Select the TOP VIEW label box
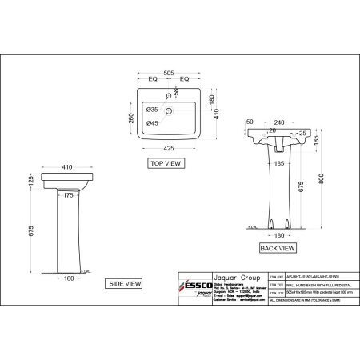(x=166, y=162)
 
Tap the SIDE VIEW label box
(x=126, y=283)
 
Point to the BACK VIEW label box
(x=277, y=249)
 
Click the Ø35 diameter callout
(x=152, y=107)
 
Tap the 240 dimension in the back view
(x=278, y=122)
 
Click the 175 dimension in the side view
(x=69, y=194)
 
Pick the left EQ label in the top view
(x=151, y=79)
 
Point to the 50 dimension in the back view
(x=250, y=122)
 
